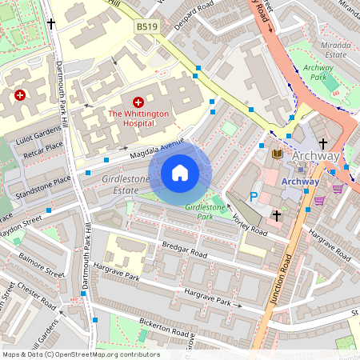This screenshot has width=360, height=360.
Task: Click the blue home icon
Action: [180, 173]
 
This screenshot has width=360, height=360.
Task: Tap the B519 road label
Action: [146, 26]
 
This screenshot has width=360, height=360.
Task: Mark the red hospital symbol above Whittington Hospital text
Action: [138, 103]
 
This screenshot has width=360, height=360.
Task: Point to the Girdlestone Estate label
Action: [125, 186]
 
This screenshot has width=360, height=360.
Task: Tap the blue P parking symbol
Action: [254, 195]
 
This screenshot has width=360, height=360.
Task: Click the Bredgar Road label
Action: [185, 251]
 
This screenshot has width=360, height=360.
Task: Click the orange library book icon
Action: [277, 154]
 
